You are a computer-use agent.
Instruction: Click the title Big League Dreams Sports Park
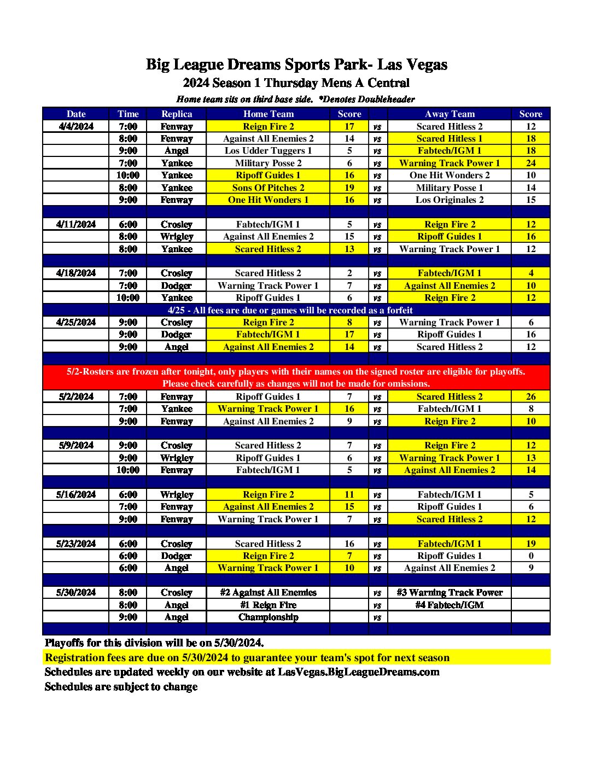[x=296, y=65]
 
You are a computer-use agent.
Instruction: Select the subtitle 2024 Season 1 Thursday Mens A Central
[x=296, y=83]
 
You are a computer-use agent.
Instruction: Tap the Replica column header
[x=177, y=114]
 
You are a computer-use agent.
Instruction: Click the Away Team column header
[x=450, y=114]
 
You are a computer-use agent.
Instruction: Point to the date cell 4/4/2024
[x=76, y=126]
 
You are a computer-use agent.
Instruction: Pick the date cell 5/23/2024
[x=76, y=544]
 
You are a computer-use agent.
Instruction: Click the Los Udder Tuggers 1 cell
[x=268, y=150]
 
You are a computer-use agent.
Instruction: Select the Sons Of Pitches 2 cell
[x=268, y=188]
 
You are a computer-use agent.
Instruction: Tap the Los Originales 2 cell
[x=450, y=200]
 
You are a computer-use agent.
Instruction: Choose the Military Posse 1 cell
[x=450, y=188]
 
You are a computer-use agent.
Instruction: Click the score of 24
[x=530, y=163]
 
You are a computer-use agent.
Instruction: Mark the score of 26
[x=530, y=396]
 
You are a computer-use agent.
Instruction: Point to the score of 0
[x=530, y=556]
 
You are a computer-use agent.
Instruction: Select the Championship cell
[x=268, y=617]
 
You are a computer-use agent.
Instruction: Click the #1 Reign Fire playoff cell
[x=268, y=605]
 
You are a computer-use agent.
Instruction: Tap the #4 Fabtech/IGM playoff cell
[x=450, y=605]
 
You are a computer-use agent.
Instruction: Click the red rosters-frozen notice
[x=296, y=377]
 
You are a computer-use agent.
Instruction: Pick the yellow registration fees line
[x=247, y=657]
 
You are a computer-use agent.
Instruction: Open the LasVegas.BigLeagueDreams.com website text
[x=358, y=672]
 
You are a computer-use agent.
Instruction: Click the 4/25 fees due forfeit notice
[x=290, y=310]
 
